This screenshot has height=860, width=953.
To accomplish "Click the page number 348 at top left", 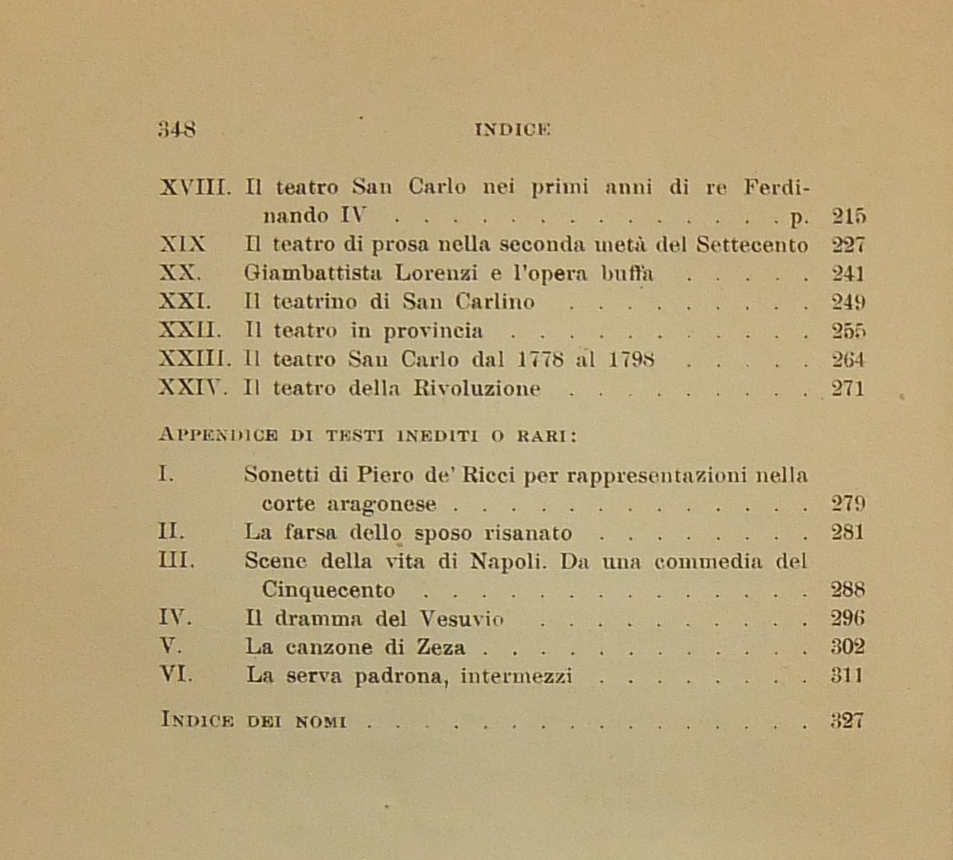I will [x=177, y=129].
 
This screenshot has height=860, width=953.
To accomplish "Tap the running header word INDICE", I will [x=513, y=129].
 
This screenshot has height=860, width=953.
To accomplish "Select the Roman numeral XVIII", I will [x=195, y=187].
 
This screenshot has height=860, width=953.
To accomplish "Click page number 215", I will [x=848, y=216].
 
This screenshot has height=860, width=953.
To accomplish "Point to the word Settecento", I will [x=751, y=245].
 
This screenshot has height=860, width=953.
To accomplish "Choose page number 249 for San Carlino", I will [x=848, y=302].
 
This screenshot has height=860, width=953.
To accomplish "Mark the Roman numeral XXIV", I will [x=192, y=388].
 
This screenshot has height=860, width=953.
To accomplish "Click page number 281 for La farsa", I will [x=848, y=532].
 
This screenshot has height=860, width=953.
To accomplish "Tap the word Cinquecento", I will [x=328, y=591].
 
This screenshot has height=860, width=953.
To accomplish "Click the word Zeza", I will [x=442, y=648].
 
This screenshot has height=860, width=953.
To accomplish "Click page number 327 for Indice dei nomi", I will [x=848, y=721].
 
